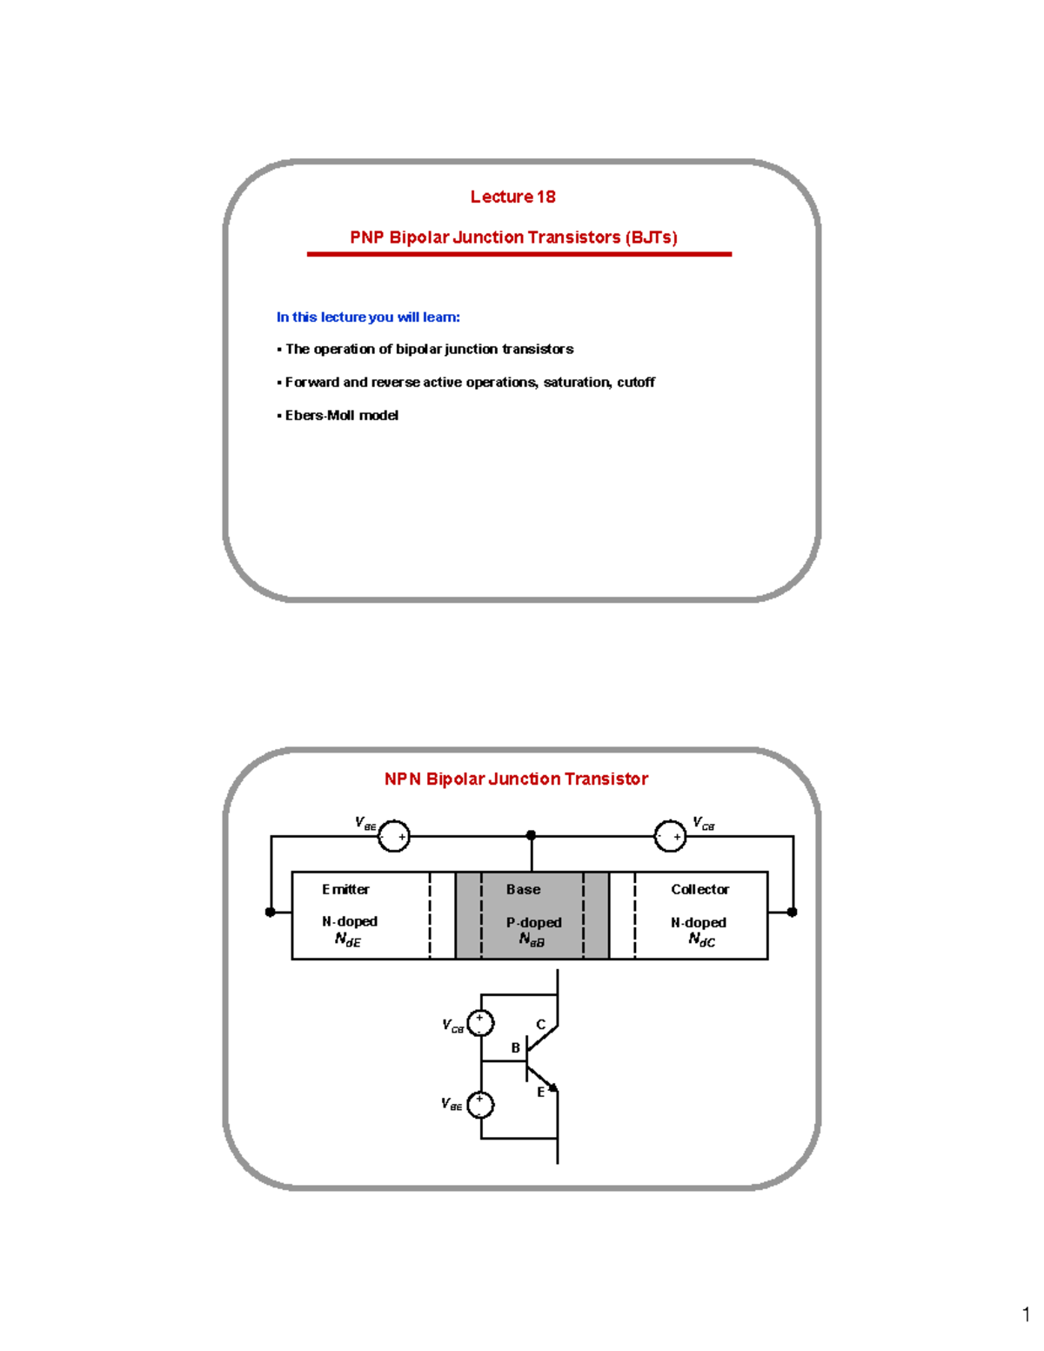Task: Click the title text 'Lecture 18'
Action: [x=512, y=197]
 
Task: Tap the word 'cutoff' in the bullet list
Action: [x=636, y=382]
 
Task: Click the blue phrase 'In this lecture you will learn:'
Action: [x=368, y=318]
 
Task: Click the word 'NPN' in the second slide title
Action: [x=402, y=779]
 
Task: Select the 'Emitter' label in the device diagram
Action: [x=345, y=889]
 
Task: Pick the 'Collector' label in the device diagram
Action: [x=699, y=889]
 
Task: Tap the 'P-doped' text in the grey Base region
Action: [x=533, y=922]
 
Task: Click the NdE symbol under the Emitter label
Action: [x=347, y=940]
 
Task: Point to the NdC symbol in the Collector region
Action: [x=701, y=940]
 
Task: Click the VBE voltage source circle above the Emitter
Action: [x=394, y=836]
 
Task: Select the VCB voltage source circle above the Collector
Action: [x=670, y=836]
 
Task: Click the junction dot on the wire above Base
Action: [x=531, y=835]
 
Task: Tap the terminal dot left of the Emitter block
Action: [x=271, y=912]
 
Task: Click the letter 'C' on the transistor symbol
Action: [x=540, y=1025]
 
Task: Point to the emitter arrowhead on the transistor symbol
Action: [x=552, y=1087]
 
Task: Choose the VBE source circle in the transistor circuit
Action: [x=480, y=1105]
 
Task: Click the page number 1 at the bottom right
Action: [x=1026, y=1314]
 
